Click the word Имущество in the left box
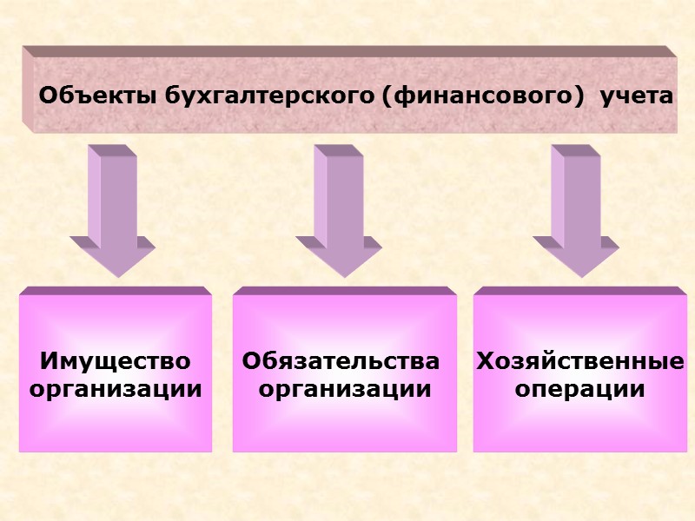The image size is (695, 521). [116, 360]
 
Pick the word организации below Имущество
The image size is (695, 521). [116, 388]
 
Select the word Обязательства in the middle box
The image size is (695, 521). [341, 360]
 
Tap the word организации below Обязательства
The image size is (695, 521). [345, 388]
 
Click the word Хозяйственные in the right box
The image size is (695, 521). [580, 360]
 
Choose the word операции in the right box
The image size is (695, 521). [580, 388]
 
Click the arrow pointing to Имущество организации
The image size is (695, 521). [114, 208]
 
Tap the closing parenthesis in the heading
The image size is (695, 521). [578, 95]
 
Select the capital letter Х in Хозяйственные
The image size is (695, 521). [484, 360]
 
